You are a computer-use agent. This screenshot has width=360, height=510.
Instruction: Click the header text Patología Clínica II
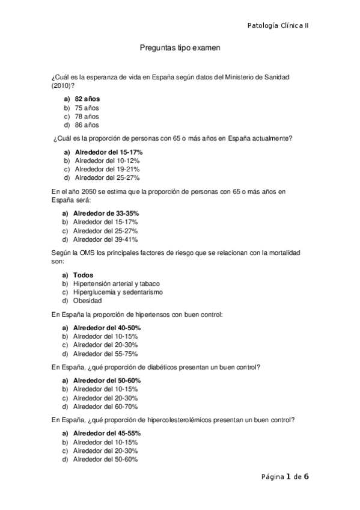(278, 25)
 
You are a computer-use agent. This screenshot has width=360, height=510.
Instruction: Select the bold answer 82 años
(87, 99)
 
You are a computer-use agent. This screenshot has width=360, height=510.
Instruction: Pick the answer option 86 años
(87, 125)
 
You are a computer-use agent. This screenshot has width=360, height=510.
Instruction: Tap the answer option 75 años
(87, 108)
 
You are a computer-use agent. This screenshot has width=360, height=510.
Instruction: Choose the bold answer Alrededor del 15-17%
(108, 152)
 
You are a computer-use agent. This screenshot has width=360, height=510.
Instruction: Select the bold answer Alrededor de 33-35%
(106, 214)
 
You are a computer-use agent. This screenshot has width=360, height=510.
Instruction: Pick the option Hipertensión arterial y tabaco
(116, 283)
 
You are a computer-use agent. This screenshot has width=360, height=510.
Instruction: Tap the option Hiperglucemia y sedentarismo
(118, 292)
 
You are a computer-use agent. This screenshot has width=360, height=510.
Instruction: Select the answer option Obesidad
(87, 301)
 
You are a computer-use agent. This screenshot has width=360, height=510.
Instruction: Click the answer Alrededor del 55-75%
(105, 354)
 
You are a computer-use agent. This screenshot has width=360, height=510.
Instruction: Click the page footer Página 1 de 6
(285, 477)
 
